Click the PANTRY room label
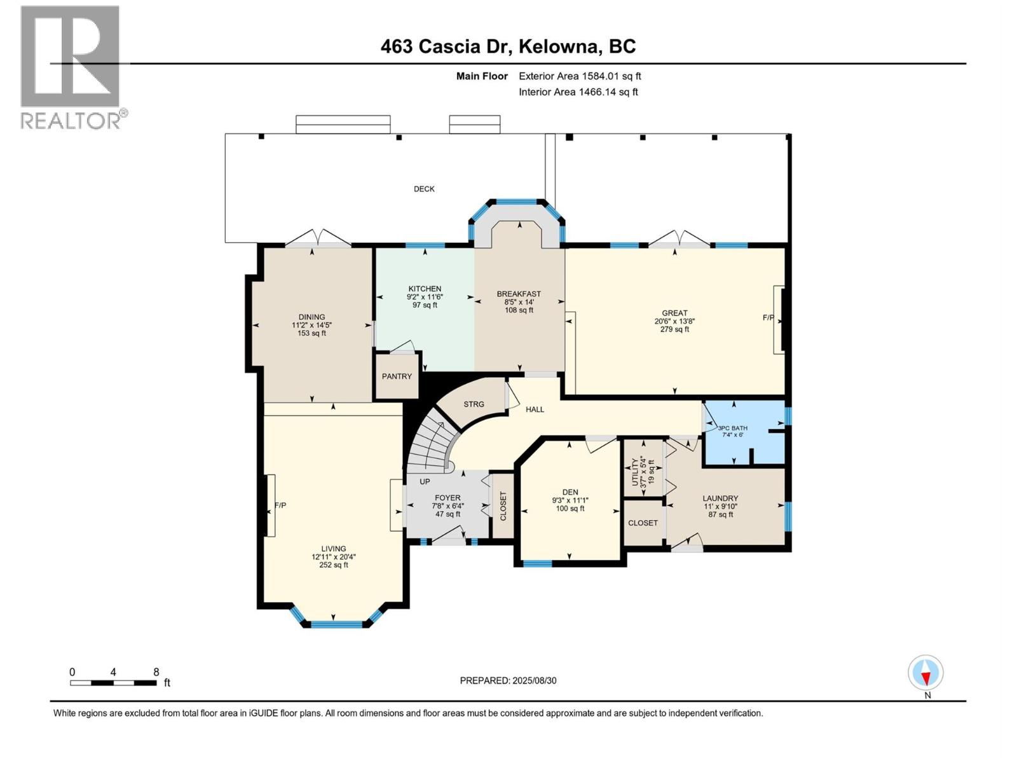[397, 376]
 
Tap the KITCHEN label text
[425, 289]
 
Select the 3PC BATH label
[733, 428]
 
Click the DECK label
[424, 189]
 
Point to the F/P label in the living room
[280, 505]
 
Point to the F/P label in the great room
[768, 317]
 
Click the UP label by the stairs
[425, 482]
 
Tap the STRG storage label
[474, 404]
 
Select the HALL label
[535, 409]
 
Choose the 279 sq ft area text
[674, 329]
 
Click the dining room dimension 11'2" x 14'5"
[311, 325]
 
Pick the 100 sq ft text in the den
[570, 509]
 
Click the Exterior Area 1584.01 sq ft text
[580, 76]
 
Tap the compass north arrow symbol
[925, 673]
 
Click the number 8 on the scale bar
[156, 672]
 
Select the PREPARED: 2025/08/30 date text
[508, 680]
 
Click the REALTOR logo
[71, 67]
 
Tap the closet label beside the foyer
[503, 506]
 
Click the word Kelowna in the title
[558, 46]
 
